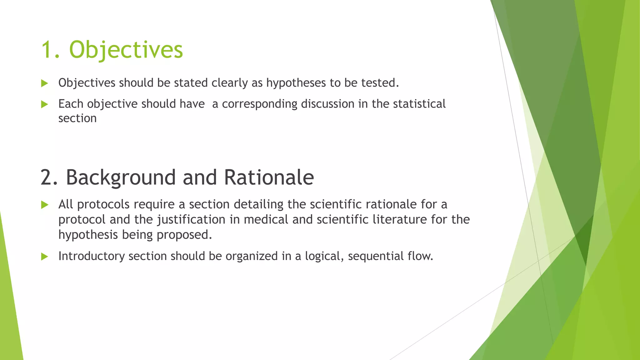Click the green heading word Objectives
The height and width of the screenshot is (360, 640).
(x=126, y=50)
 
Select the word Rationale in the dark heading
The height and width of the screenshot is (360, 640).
(x=269, y=177)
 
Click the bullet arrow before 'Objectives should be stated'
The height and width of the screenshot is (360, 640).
(x=45, y=83)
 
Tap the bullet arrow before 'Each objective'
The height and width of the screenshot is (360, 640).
(x=45, y=104)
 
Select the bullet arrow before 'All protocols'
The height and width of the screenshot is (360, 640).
(x=45, y=205)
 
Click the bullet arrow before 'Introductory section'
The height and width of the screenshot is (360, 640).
(x=45, y=257)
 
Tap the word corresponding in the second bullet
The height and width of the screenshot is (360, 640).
(x=259, y=104)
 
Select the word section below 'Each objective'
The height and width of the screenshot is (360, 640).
(x=77, y=119)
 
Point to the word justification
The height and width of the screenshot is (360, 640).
(x=191, y=220)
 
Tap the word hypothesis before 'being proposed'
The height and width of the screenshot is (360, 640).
(x=88, y=235)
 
